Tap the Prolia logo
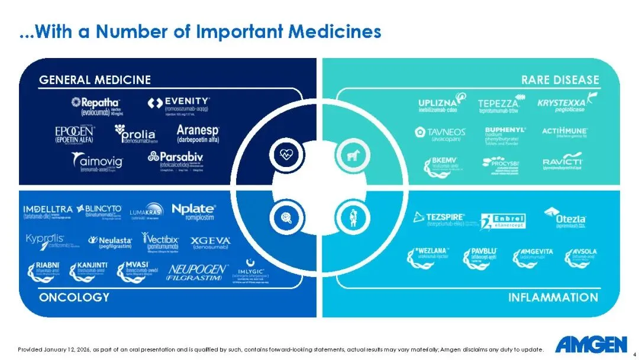point(136,134)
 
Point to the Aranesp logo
point(198,133)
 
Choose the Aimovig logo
point(97,161)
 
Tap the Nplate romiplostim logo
point(193,210)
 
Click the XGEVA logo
point(211,242)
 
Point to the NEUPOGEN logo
point(198,272)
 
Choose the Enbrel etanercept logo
point(503,221)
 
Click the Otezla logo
point(564,217)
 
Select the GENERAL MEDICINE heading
point(95,80)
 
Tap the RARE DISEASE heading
point(560,80)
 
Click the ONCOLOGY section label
point(74,297)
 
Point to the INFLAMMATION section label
point(553,297)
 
